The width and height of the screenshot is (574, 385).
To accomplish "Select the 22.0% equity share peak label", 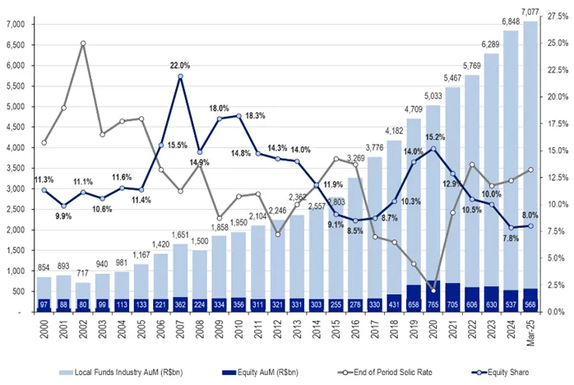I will coord(180,65).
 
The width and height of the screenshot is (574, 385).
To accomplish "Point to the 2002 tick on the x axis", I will coord(83,327).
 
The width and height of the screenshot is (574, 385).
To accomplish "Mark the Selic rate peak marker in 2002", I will coord(83,43).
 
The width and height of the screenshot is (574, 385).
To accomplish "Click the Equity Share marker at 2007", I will coord(180,77).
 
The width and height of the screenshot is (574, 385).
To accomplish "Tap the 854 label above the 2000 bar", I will coord(44,269).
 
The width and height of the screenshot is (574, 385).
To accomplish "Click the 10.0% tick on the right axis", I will coord(555,204).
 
